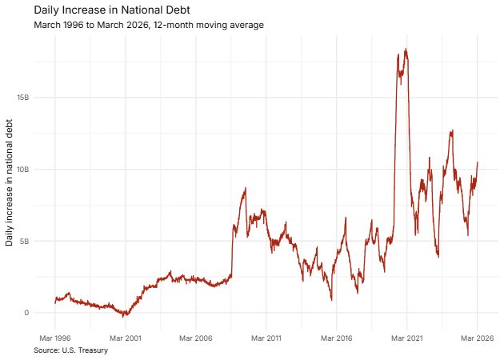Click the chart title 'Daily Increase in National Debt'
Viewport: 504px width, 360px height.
[x=112, y=10]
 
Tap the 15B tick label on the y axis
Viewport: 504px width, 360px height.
[x=22, y=98]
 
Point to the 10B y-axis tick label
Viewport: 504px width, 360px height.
[x=22, y=170]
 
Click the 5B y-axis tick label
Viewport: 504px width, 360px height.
[x=24, y=241]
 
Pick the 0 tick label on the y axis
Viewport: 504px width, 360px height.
[x=26, y=313]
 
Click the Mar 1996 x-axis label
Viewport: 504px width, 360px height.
[x=54, y=338]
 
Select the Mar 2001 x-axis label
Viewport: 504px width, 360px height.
[x=125, y=338]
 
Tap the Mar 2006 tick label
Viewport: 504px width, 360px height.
[x=195, y=338]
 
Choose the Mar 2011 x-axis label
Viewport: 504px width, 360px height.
[x=266, y=338]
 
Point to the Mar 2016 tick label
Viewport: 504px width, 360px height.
[x=336, y=338]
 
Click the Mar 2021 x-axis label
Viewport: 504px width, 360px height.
[x=406, y=338]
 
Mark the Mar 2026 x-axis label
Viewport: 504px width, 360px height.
[x=477, y=338]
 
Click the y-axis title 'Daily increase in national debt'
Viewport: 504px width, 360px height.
[x=10, y=182]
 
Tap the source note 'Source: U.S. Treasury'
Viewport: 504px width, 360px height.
[x=71, y=350]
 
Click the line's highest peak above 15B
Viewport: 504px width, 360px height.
[x=406, y=50]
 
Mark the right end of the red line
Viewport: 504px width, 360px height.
[x=478, y=162]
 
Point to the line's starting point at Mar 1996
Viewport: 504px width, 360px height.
[x=54, y=302]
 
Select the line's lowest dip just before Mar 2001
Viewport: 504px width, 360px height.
[x=124, y=316]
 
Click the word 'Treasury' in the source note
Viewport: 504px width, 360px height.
[x=92, y=350]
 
